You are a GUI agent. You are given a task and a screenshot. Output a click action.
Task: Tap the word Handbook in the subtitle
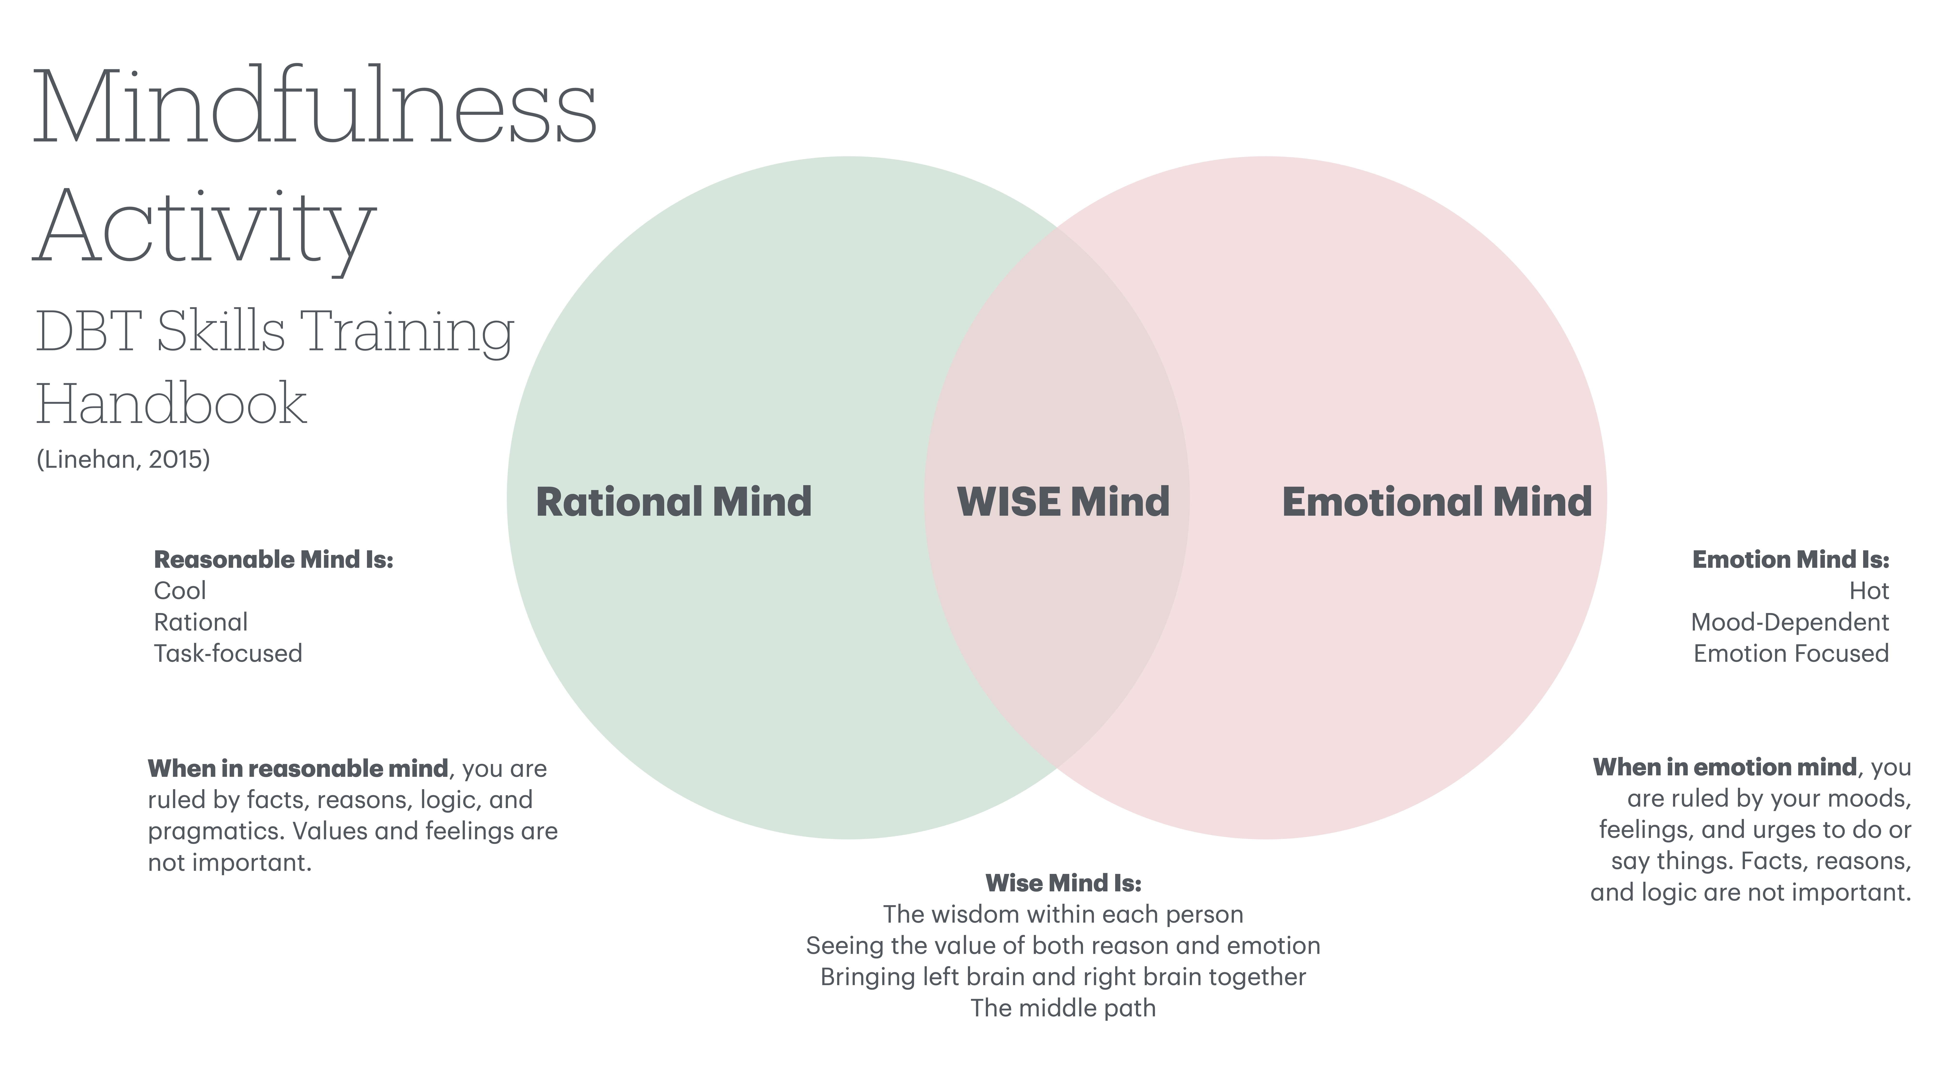point(171,404)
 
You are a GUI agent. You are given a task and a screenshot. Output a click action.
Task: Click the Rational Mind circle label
point(673,502)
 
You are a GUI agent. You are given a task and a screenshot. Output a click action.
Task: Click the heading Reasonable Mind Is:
point(273,560)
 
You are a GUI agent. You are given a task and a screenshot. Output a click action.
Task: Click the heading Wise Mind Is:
point(1063,883)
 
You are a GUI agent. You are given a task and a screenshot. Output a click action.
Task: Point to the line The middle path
point(1063,1008)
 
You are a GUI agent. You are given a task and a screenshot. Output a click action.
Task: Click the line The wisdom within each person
point(1063,915)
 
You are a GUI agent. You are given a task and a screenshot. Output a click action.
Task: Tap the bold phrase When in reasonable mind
point(298,769)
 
